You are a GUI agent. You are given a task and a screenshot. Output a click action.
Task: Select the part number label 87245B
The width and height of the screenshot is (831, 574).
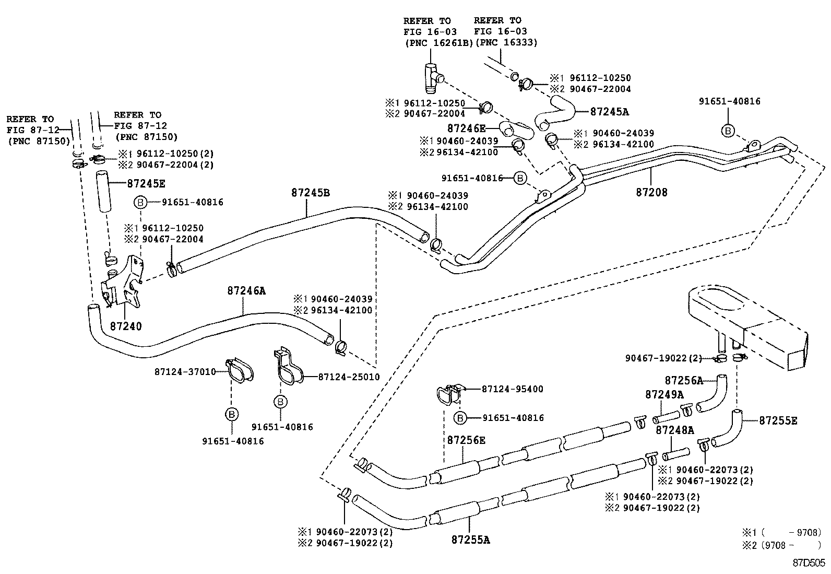[x=311, y=192]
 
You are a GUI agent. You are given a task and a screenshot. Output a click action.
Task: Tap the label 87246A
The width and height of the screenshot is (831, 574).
[x=246, y=291]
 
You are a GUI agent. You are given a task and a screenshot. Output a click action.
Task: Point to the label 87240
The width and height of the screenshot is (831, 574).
[x=126, y=326]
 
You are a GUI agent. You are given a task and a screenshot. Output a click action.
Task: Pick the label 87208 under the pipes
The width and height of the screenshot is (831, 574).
[x=651, y=192]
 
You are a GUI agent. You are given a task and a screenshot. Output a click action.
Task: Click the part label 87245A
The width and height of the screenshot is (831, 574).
[x=610, y=112]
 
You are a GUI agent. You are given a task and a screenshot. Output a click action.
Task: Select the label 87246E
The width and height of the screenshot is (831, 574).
[x=466, y=128]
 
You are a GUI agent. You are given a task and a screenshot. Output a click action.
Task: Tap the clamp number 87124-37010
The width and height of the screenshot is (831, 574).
[x=185, y=372]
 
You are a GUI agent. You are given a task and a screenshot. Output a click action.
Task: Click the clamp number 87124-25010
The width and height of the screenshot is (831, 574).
[x=349, y=377]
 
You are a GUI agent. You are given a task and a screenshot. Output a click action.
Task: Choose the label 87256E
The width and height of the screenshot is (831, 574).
[x=466, y=440]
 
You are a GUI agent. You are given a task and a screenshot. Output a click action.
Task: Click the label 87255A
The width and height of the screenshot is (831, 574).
[x=471, y=540]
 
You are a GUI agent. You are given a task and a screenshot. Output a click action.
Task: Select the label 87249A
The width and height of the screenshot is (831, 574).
[x=664, y=394]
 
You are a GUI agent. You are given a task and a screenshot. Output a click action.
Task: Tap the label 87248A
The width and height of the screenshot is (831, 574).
[x=674, y=430]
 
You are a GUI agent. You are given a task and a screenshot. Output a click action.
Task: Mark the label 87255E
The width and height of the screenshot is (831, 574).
[x=778, y=420]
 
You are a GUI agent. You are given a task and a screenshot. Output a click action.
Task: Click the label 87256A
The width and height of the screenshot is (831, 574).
[x=684, y=380]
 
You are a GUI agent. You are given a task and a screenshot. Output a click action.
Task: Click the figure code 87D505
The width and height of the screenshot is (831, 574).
[x=809, y=563]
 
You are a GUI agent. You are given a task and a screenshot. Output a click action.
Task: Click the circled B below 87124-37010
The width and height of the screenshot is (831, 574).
[x=232, y=415]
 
